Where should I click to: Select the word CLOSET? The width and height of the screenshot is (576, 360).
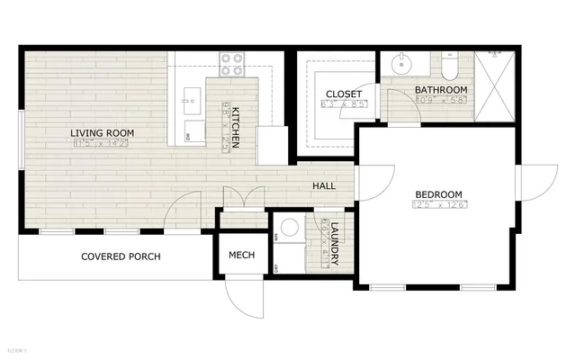(344, 94)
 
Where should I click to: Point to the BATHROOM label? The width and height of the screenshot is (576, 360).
(441, 90)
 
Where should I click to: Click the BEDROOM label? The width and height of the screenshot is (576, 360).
(438, 194)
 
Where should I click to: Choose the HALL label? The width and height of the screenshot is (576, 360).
(324, 186)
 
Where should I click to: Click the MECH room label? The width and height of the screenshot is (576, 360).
(241, 256)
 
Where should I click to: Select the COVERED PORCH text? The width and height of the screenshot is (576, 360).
(121, 256)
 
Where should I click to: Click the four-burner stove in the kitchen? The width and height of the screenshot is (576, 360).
(232, 63)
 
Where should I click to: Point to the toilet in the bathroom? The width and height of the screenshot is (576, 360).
(450, 67)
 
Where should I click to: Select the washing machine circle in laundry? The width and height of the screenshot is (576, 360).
(290, 229)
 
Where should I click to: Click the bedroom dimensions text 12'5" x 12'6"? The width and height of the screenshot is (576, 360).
(438, 205)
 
